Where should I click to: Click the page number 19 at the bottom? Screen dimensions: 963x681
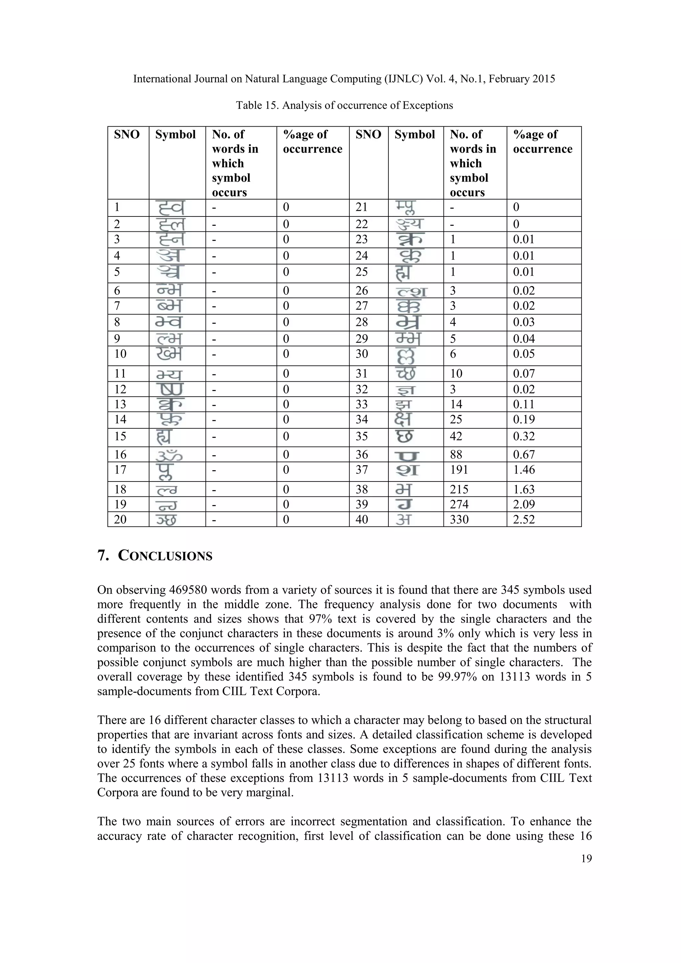coord(586,859)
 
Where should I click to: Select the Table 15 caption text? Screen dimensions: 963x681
coord(344,105)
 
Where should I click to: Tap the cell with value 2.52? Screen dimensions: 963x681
coord(524,519)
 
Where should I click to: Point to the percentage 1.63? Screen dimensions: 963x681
coord(524,489)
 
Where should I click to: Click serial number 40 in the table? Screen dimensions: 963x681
coord(362,519)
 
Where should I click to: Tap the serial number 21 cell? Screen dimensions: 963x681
coord(362,207)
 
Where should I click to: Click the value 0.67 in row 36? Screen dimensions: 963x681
coord(524,454)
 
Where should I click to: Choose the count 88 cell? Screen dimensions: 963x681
coord(456,454)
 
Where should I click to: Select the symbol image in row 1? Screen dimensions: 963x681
coord(170,207)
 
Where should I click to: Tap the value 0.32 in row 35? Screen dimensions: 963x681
coord(524,436)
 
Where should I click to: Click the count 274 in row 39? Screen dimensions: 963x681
coord(459,504)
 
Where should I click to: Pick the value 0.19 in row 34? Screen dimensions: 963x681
coord(524,419)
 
